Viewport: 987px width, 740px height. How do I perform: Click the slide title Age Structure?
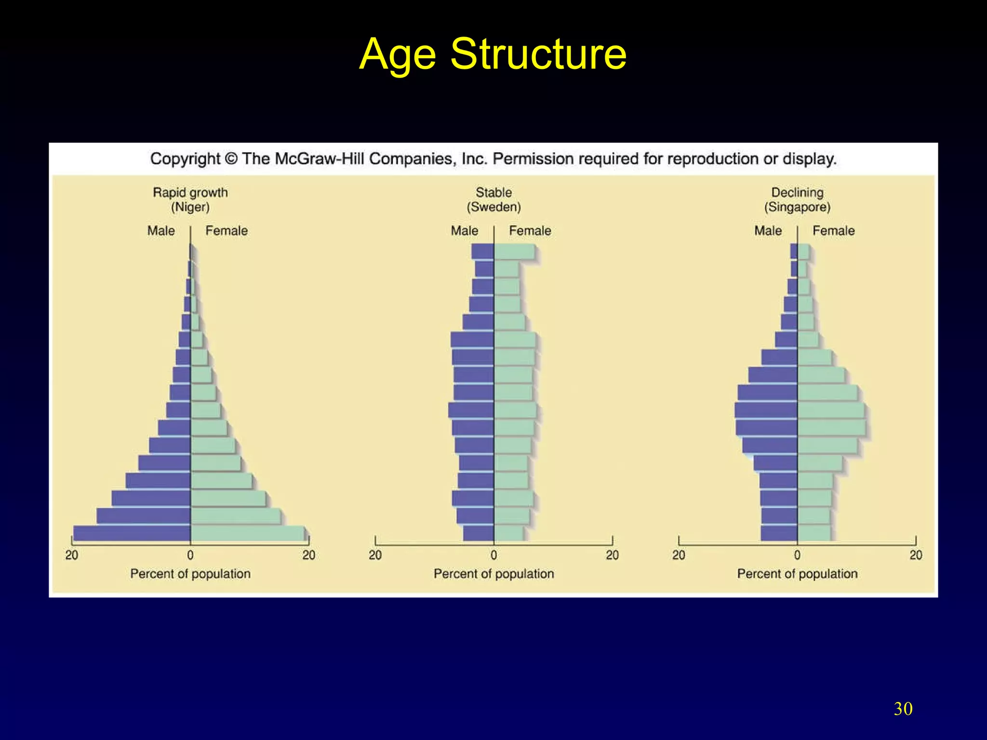click(x=493, y=54)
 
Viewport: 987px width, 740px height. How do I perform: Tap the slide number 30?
click(x=903, y=709)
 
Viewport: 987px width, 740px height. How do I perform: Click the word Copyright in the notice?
click(x=185, y=159)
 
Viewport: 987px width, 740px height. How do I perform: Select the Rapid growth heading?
click(x=190, y=192)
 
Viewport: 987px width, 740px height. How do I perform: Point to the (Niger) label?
click(x=190, y=207)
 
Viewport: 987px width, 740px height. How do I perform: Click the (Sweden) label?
click(x=493, y=207)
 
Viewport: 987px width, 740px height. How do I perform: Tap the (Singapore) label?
click(x=797, y=207)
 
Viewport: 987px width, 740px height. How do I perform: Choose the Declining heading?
click(x=797, y=192)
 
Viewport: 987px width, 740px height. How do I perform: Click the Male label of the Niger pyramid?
click(x=161, y=231)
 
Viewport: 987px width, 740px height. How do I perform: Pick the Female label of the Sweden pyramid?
click(x=530, y=231)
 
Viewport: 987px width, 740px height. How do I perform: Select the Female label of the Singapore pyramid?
click(x=833, y=231)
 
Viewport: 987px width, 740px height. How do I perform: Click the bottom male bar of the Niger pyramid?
click(x=132, y=533)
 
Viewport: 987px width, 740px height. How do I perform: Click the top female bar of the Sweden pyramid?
click(x=514, y=251)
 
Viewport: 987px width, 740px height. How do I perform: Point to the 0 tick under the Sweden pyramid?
click(x=493, y=555)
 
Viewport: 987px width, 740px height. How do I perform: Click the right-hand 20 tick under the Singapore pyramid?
click(x=916, y=555)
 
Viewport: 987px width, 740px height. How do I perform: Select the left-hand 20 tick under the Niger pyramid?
click(x=72, y=555)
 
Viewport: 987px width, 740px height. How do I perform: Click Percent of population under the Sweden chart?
click(x=493, y=574)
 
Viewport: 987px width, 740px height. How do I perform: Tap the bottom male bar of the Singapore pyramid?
click(x=779, y=533)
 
